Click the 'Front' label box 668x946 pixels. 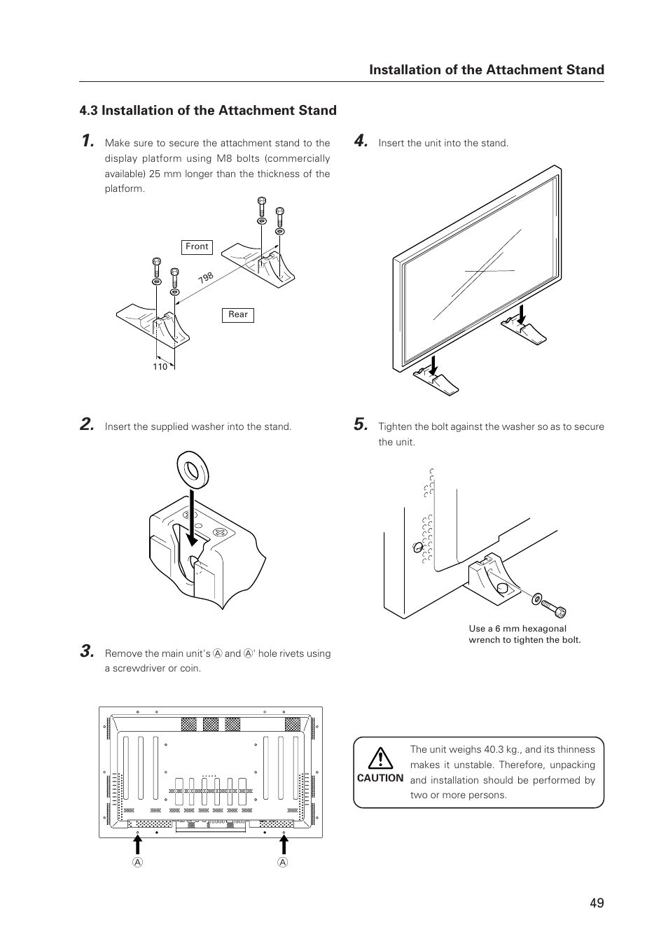197,246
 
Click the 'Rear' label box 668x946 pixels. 238,315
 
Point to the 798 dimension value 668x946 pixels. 205,278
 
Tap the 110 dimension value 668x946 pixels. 160,367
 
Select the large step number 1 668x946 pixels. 86,141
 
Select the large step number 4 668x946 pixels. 361,141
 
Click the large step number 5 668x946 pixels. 361,424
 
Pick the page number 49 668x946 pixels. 596,903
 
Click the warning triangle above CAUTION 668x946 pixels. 380,758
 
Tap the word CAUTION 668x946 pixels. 380,778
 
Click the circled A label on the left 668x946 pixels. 139,863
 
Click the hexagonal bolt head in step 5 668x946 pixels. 559,612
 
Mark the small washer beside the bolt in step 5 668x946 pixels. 536,599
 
